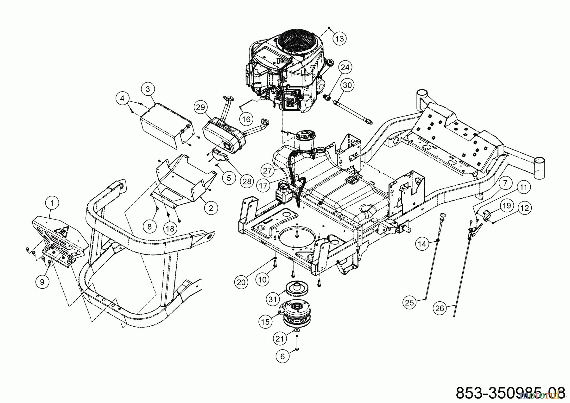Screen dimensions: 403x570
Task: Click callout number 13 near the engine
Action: click(339, 39)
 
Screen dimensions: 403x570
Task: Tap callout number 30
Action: click(347, 85)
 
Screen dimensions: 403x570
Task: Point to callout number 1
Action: click(53, 202)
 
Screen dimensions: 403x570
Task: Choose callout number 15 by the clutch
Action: click(265, 322)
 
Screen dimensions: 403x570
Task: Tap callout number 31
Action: click(273, 299)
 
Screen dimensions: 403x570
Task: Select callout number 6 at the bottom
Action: click(282, 356)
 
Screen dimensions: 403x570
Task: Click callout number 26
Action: click(440, 308)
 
